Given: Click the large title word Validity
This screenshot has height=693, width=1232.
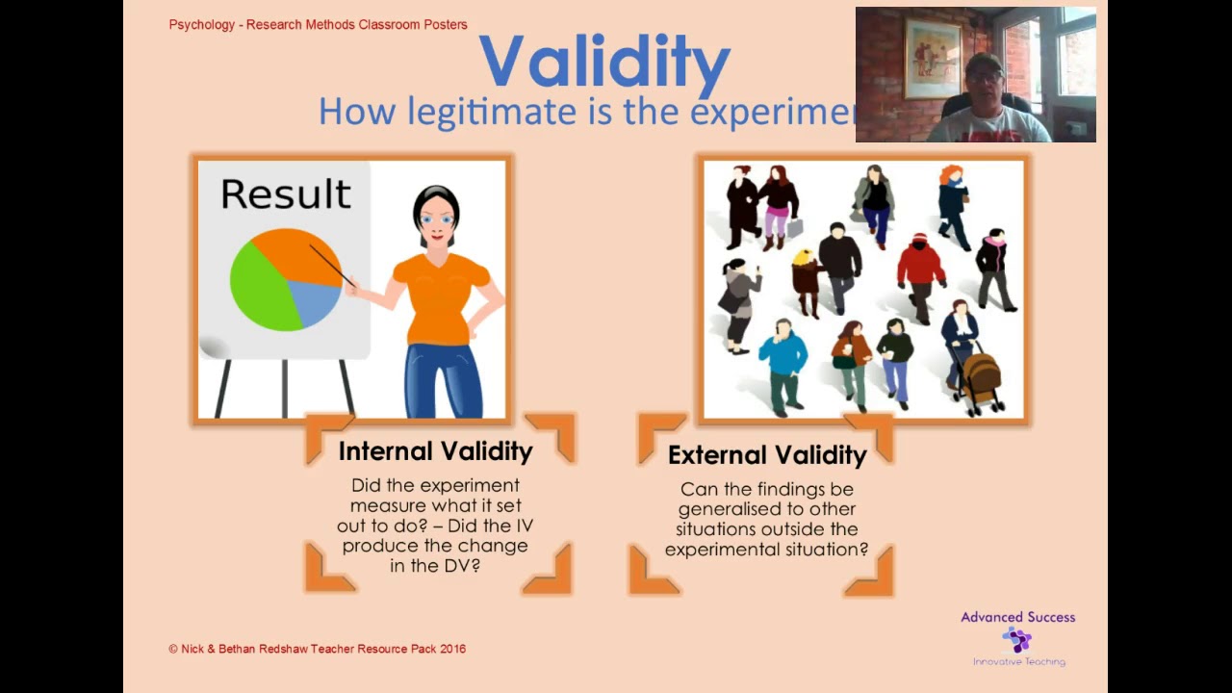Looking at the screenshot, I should [x=603, y=62].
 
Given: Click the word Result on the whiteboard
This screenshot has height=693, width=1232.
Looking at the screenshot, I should [x=285, y=194].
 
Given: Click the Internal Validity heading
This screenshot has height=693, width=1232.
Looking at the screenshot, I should [x=435, y=451].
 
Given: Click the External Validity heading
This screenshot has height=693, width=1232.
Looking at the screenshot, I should [x=767, y=455].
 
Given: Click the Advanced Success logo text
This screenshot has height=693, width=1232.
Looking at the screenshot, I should [x=1017, y=617].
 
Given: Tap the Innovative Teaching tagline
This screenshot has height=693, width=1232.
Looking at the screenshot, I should [x=1018, y=662].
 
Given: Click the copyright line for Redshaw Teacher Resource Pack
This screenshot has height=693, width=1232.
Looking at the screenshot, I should [x=318, y=650].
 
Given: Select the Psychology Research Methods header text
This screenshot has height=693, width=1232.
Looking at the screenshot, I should [x=318, y=25].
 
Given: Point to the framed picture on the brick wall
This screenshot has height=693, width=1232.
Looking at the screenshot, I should [x=932, y=59].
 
